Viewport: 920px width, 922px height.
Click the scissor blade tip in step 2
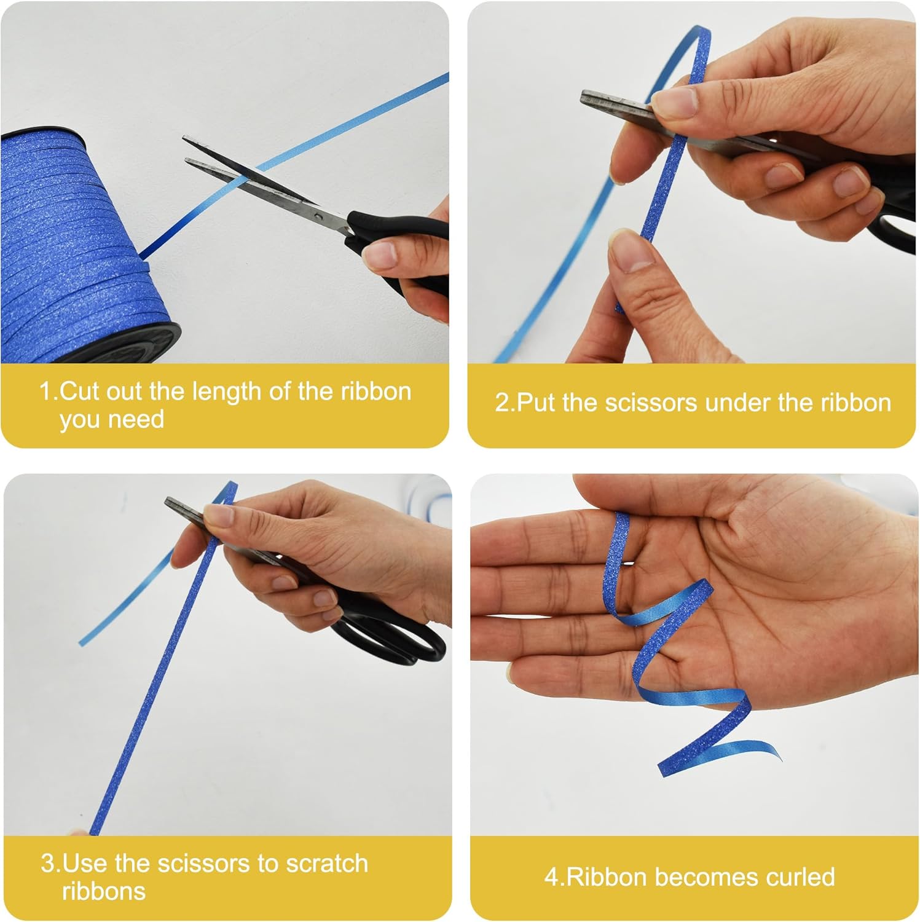584,97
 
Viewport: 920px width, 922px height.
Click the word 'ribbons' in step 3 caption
104,891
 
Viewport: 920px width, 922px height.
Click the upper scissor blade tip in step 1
185,140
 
